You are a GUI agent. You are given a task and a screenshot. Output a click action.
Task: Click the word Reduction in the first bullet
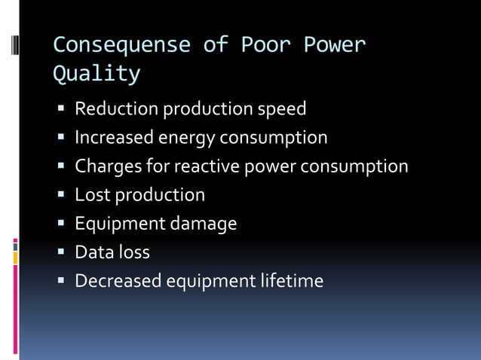coord(117,109)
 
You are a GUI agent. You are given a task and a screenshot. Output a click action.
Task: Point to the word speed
coord(282,109)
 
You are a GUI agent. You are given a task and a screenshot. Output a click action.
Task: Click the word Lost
coord(90,195)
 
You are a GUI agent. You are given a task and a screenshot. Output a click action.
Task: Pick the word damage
coord(204,224)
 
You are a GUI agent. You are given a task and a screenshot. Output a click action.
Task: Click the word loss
coord(133,252)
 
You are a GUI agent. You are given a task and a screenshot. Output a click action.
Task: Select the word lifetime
coord(293,281)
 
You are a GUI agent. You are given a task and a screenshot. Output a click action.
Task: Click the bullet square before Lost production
coord(61,195)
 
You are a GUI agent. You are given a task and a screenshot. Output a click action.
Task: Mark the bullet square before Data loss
coord(61,252)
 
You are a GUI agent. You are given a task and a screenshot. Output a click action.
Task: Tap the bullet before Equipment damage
coord(61,224)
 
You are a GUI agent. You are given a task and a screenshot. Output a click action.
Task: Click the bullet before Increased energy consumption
coord(61,138)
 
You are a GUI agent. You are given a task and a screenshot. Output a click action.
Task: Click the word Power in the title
coord(335,45)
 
